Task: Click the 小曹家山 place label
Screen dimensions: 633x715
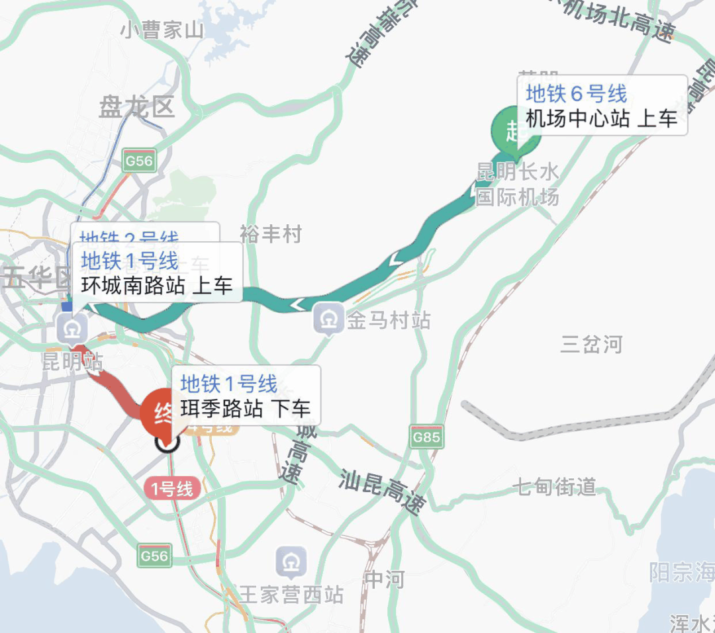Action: [162, 30]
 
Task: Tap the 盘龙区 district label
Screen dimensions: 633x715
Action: [136, 107]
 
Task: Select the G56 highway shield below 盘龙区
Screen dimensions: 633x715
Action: [139, 161]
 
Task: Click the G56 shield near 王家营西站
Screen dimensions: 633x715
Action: [154, 556]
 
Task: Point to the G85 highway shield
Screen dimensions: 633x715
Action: [426, 437]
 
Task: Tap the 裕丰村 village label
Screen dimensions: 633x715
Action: [270, 233]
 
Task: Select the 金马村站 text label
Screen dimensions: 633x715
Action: [389, 321]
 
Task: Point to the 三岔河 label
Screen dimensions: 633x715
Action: [591, 344]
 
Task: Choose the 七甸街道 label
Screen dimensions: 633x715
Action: [555, 488]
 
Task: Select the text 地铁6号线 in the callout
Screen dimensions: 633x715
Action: [576, 93]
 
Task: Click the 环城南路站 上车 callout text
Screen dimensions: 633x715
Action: [157, 286]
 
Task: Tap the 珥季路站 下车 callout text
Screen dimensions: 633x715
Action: [245, 408]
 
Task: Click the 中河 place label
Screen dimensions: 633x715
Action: [384, 579]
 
